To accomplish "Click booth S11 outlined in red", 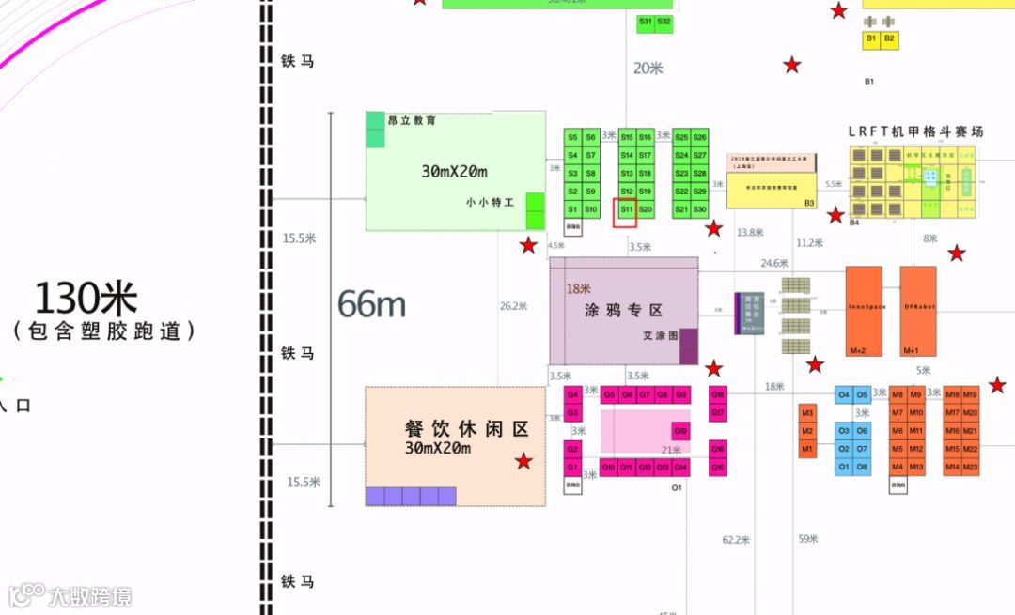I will tap(626, 209).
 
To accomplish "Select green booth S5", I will tap(572, 138).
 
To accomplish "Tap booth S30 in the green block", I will tap(699, 209).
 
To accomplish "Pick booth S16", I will tap(645, 138).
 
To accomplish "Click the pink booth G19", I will tap(680, 431).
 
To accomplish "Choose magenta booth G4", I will tap(572, 395).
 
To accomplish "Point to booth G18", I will tap(718, 395).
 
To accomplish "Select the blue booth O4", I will tap(844, 395).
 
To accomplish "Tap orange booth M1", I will tap(807, 450).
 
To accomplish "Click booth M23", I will tap(970, 468).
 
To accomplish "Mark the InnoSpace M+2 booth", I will tap(864, 311).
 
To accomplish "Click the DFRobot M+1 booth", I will tap(918, 311).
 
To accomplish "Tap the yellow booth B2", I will tap(889, 39).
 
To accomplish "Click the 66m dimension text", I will tap(371, 304).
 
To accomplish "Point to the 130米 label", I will tap(86, 299).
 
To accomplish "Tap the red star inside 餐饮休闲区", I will tap(523, 461).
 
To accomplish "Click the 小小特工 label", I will tap(490, 202).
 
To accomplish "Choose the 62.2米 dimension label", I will tap(736, 540).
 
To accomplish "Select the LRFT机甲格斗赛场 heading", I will tap(915, 132).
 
